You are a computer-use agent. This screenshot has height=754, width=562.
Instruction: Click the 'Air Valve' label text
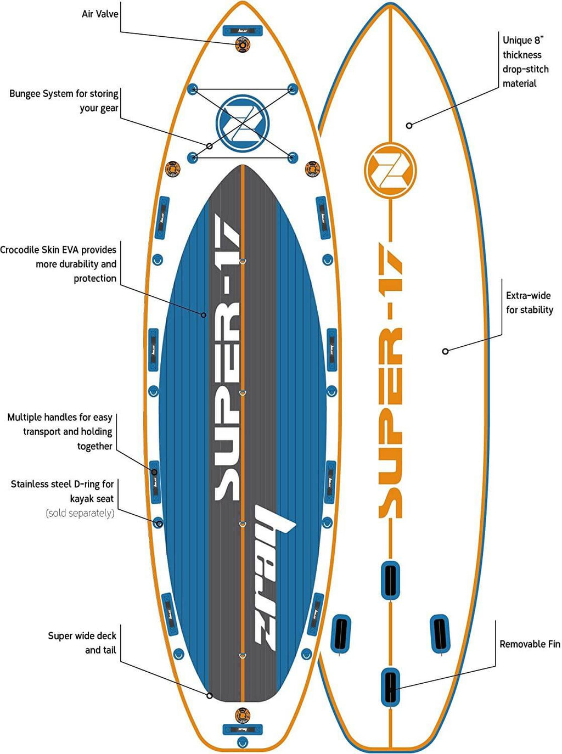100,14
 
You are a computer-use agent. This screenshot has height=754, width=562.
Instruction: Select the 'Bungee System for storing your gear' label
64,101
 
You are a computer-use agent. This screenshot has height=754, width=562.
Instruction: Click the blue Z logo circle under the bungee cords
242,122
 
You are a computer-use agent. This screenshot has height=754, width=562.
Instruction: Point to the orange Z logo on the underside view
390,170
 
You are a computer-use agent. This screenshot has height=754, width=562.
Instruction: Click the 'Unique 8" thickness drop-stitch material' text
525,61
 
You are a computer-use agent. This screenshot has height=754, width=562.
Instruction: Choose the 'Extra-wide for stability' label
529,302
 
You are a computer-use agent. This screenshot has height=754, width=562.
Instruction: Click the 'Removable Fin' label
530,644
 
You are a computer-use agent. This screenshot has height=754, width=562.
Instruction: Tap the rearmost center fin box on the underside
390,687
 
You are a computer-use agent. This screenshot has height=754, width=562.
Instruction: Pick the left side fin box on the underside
341,634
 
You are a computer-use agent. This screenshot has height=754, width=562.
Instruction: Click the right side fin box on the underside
440,634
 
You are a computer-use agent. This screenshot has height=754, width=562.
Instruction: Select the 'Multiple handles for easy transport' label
60,432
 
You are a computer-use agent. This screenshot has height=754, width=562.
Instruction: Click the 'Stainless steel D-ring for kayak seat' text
63,491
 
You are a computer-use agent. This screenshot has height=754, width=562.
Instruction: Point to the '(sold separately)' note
80,513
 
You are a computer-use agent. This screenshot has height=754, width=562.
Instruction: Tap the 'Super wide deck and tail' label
82,643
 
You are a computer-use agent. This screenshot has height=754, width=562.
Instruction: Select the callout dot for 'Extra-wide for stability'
446,351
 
